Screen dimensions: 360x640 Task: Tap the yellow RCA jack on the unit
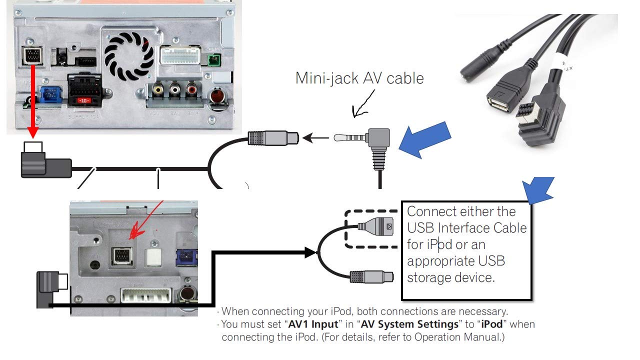click(x=158, y=90)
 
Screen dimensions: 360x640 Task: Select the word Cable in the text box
click(x=508, y=228)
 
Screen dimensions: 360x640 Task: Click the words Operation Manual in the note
click(x=457, y=337)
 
